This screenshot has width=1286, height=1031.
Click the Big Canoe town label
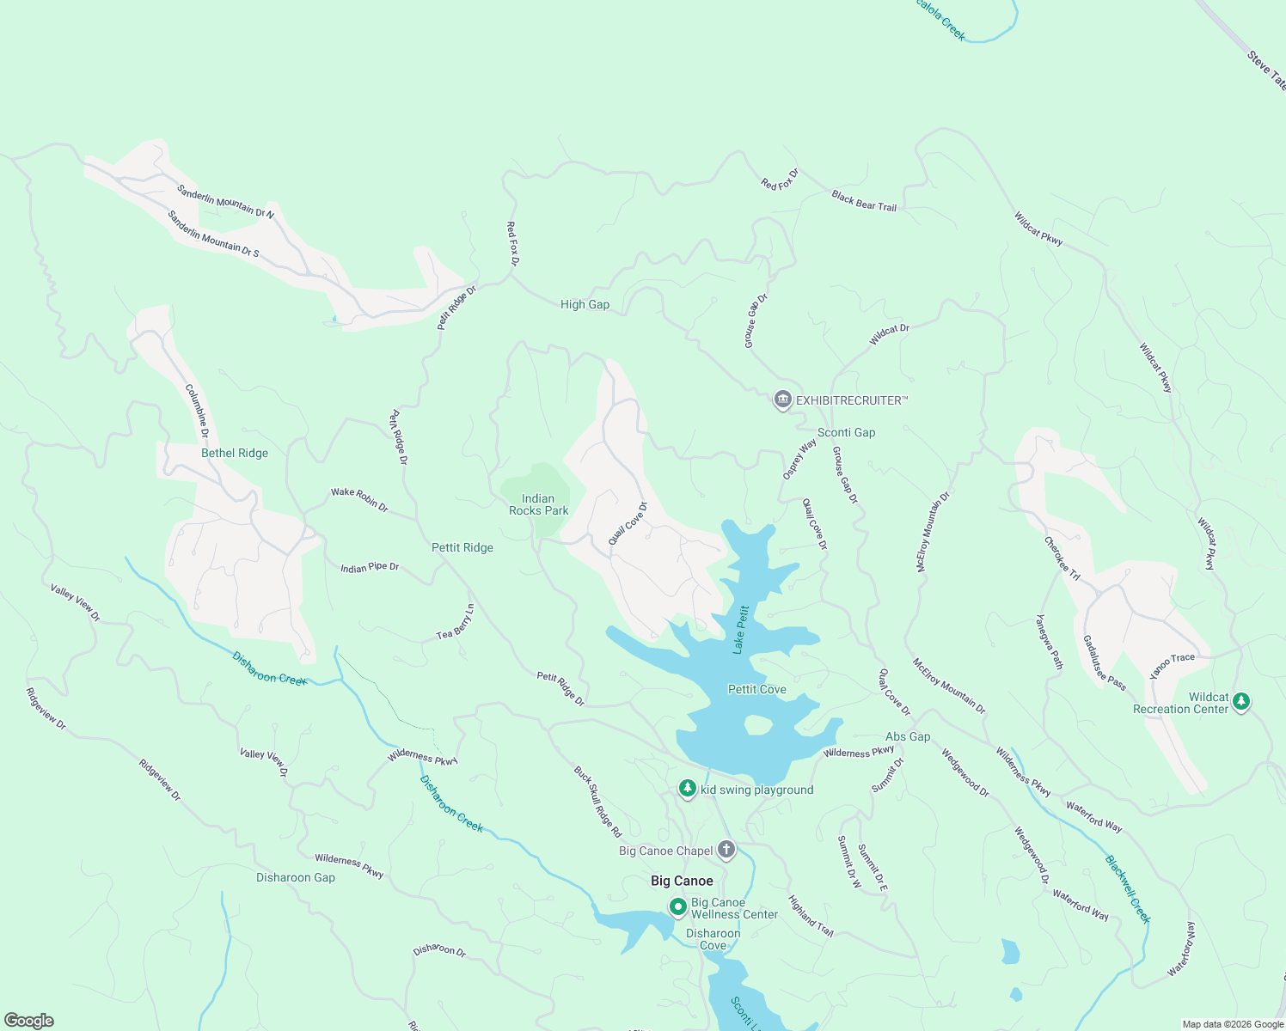pos(682,881)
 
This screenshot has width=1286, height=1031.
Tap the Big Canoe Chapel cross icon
pos(726,851)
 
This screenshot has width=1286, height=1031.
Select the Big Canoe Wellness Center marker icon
pos(677,906)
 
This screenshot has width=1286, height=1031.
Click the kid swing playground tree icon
pos(687,789)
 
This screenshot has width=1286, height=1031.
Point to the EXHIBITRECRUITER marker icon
pos(782,400)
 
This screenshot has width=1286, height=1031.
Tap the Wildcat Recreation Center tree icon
pos(1240,702)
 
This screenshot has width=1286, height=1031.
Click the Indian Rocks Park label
pos(538,504)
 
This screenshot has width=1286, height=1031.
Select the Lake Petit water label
pos(741,630)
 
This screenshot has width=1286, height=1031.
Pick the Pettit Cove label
pos(756,689)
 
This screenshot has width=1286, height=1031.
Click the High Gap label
pos(585,304)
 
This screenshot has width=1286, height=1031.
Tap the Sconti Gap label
pos(846,432)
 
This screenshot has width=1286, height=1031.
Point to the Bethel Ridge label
pos(235,453)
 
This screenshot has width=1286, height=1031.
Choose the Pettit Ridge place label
pos(462,547)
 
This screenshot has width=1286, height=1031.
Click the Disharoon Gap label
pos(296,877)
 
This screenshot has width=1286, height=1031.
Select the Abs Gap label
pos(908,736)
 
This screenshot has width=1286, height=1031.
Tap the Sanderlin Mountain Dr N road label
pos(225,202)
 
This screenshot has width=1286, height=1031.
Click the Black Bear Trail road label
pos(864,201)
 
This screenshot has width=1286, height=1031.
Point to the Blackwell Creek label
pos(1127,888)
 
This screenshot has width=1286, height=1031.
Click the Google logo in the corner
pos(29,1020)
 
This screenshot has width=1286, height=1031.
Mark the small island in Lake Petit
pos(757,725)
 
